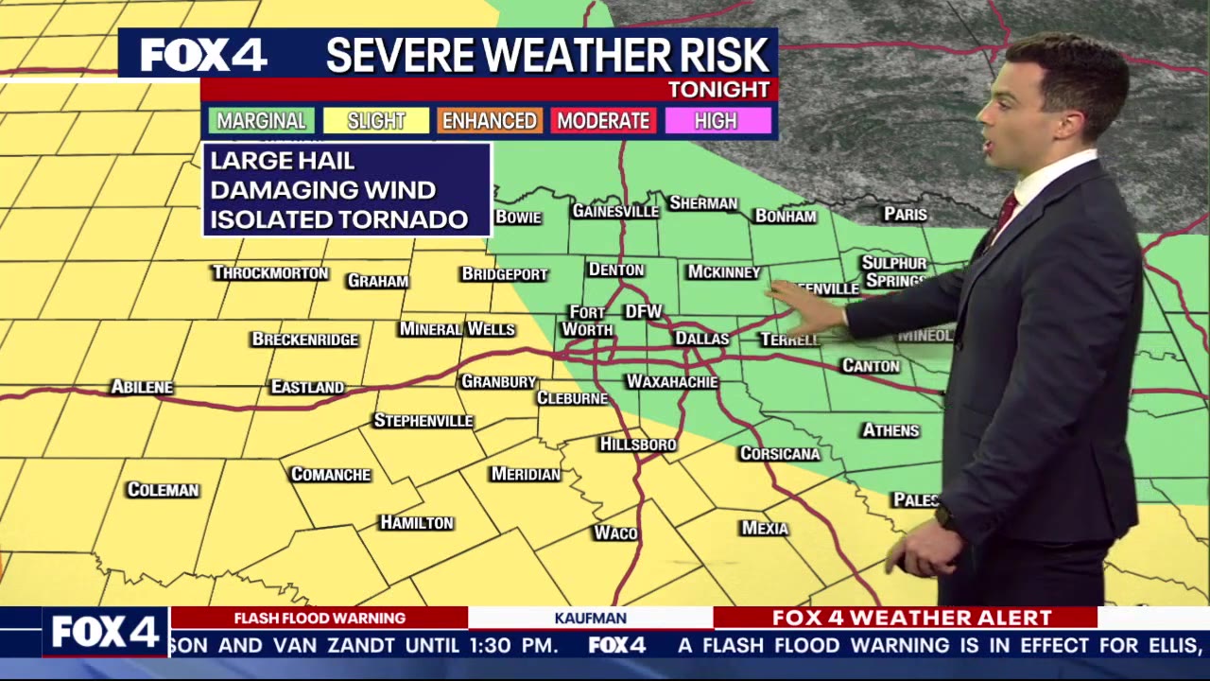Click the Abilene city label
click(x=142, y=387)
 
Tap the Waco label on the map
click(x=614, y=533)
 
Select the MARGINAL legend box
click(x=261, y=121)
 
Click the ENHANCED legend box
click(x=489, y=121)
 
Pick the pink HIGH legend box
click(x=717, y=121)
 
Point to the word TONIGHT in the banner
click(x=718, y=90)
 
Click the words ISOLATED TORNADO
click(x=338, y=219)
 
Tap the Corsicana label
click(x=779, y=454)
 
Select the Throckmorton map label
click(x=270, y=273)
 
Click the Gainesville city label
click(x=614, y=211)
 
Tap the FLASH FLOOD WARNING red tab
click(x=320, y=618)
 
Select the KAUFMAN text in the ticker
click(x=590, y=618)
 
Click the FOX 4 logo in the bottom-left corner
click(x=104, y=632)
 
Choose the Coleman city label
click(x=163, y=490)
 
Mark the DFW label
click(x=643, y=312)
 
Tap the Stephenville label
click(x=423, y=421)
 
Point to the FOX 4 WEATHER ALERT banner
click(x=911, y=618)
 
